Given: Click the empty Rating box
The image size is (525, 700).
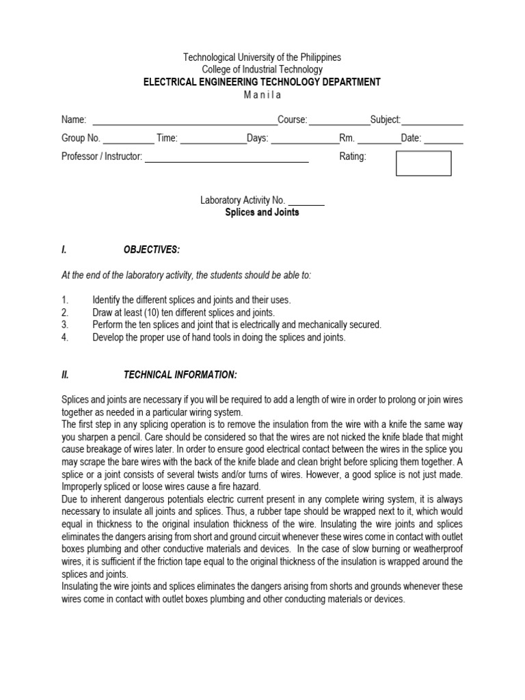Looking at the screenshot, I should click(424, 163).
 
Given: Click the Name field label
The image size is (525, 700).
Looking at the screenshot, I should click(74, 120).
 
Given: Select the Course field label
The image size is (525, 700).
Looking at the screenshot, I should click(293, 120).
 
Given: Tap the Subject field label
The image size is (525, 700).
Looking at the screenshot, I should click(386, 120).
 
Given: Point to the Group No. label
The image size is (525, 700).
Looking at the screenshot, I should click(81, 138).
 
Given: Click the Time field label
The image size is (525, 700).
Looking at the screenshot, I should click(167, 138).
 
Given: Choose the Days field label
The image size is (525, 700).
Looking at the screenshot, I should click(258, 138).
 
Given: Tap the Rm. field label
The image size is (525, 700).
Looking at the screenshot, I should click(348, 138).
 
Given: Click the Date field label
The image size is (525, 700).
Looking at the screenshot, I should click(411, 138).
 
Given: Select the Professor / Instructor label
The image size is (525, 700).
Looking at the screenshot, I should click(102, 157).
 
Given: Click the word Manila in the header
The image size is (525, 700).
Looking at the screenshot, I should click(262, 95).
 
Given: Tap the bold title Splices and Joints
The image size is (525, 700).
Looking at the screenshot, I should click(262, 213).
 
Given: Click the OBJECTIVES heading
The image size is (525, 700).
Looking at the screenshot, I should click(152, 250).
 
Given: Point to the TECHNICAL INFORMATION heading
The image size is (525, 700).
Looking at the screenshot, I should click(180, 375).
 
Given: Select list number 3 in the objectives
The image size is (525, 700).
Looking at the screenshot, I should click(65, 325).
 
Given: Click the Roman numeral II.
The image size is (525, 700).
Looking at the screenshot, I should click(65, 375).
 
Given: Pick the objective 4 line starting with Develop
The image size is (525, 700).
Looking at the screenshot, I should click(219, 337).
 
